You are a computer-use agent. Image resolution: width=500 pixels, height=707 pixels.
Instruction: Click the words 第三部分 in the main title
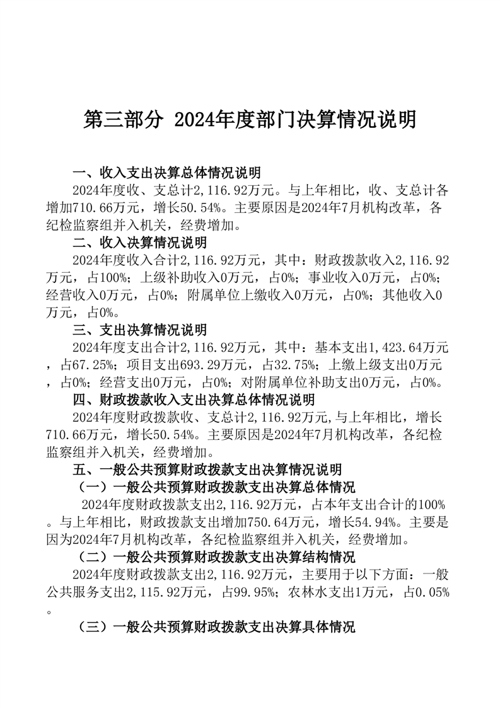(x=121, y=119)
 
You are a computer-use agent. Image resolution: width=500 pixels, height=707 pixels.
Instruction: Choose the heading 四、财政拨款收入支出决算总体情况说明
(x=194, y=399)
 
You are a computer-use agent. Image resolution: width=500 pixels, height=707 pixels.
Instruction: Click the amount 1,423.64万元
(x=408, y=347)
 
